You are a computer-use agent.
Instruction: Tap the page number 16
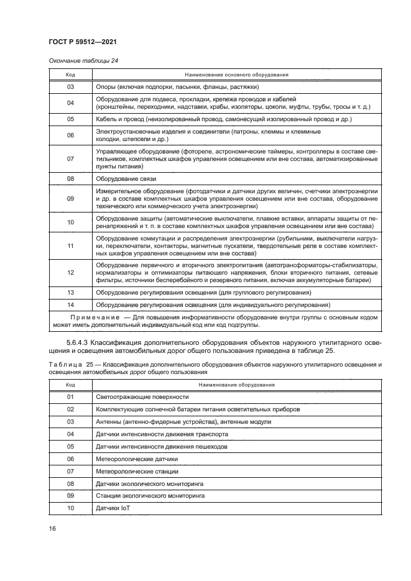click(53, 528)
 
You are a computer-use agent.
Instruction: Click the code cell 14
click(70, 305)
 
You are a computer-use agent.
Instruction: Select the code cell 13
click(70, 292)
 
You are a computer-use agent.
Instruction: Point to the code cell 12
click(70, 273)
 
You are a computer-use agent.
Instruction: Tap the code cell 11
click(70, 246)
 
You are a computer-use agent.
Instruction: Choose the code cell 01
click(70, 397)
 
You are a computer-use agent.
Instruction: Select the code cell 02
click(70, 409)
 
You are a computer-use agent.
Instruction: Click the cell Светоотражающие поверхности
click(142, 397)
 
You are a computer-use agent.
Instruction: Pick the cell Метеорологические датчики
click(136, 459)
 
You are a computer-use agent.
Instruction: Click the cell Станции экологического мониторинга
click(150, 496)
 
